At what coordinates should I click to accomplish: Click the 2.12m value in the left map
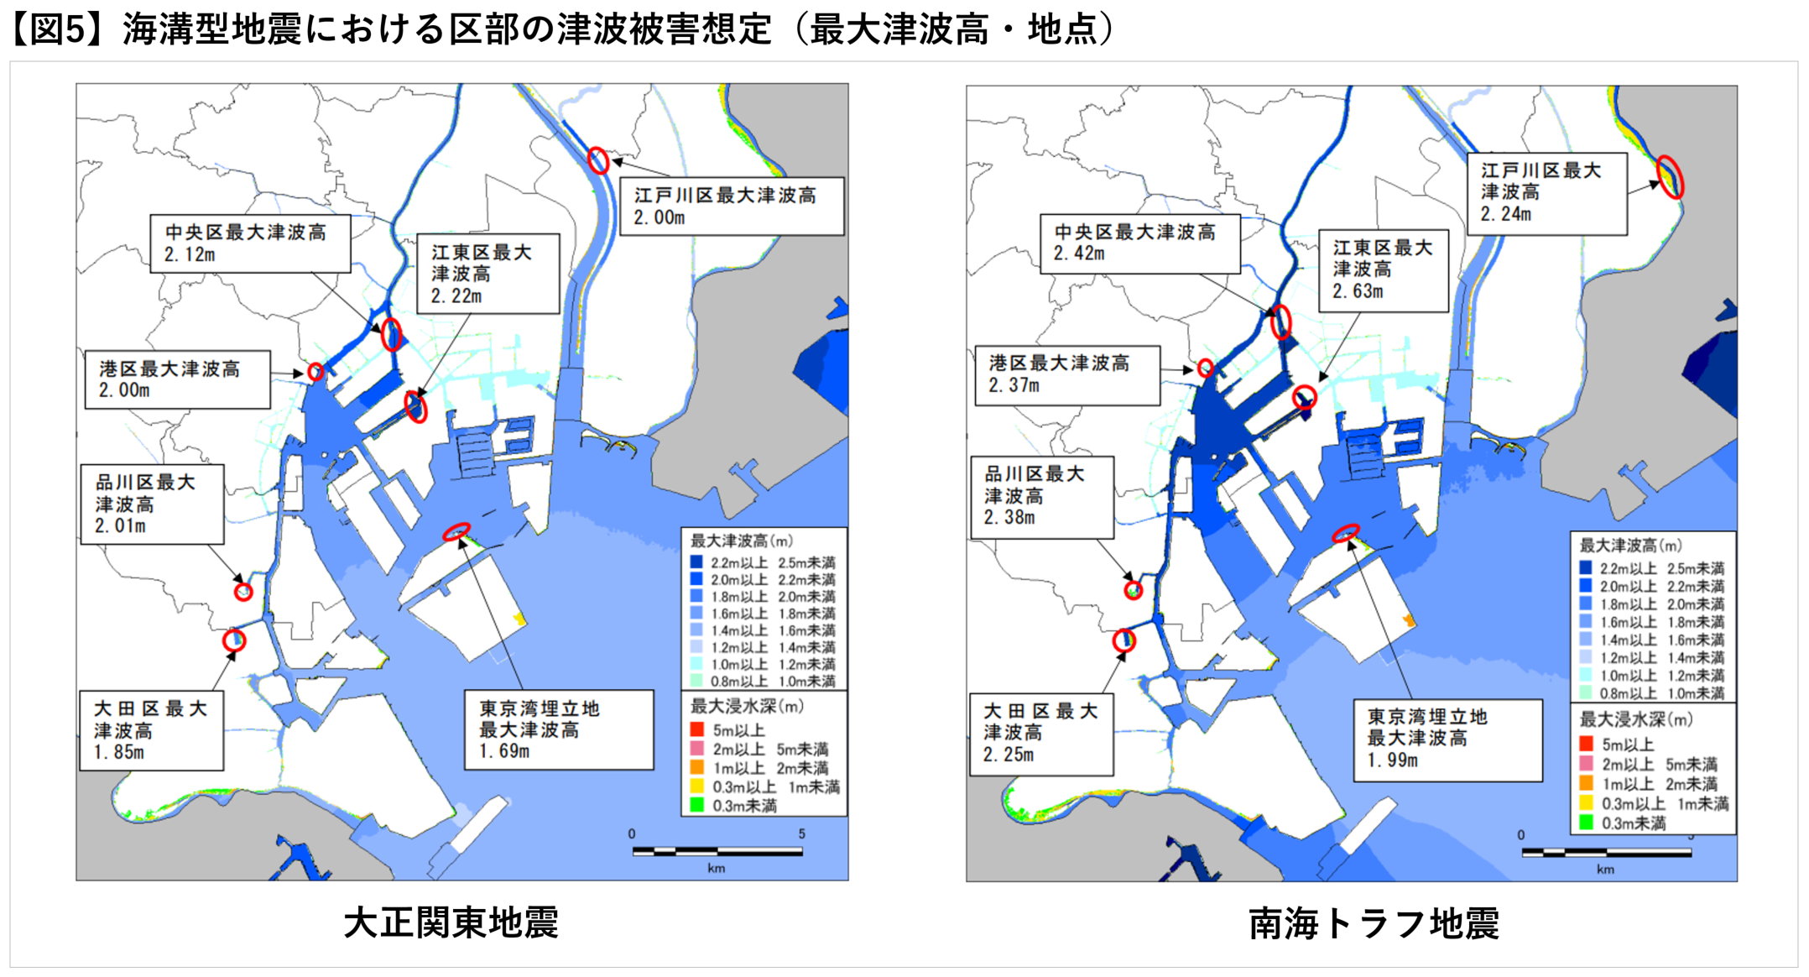pos(190,254)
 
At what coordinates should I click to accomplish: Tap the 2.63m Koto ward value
pos(1358,291)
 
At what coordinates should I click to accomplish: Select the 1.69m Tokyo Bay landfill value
pos(504,751)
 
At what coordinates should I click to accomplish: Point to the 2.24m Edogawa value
pos(1506,214)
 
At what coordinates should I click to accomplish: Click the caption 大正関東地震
pos(451,922)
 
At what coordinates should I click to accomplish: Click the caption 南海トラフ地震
pos(1374,923)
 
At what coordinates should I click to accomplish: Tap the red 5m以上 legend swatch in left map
pos(696,729)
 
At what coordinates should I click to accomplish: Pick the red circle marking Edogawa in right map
pos(1670,177)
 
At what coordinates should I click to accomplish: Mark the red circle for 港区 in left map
pos(315,372)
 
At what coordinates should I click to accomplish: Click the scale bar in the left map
pos(717,852)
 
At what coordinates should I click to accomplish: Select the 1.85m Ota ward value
pos(119,752)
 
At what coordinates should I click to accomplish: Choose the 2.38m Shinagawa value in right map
pos(1009,518)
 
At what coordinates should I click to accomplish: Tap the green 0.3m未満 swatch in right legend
pos(1586,823)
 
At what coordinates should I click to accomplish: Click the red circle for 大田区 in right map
pos(1123,641)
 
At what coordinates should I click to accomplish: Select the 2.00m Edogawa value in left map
pos(659,217)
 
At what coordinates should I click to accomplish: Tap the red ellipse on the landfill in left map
pos(456,531)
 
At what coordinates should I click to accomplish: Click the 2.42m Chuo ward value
pos(1079,253)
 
